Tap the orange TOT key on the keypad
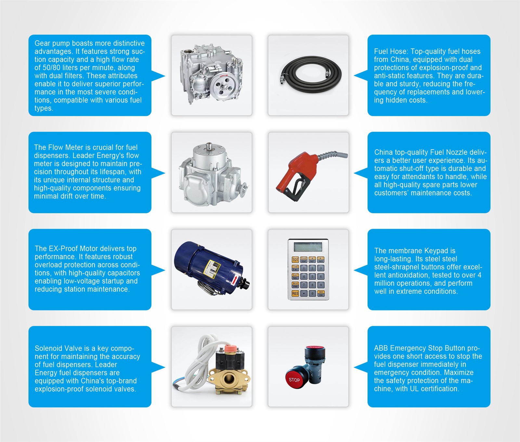tap(295, 260)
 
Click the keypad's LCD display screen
tap(308, 247)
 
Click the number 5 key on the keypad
tap(312, 276)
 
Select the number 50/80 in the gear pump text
tap(51, 68)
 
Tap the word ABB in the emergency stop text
tap(381, 348)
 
